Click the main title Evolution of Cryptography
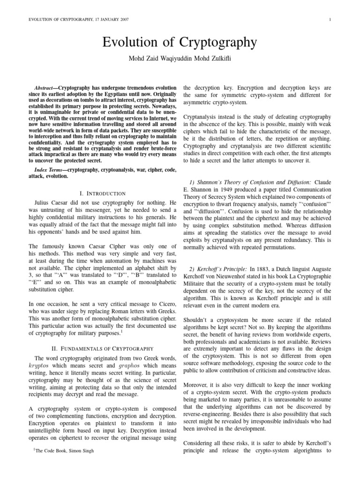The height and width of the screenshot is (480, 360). [x=180, y=43]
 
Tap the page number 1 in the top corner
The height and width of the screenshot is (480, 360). [x=331, y=19]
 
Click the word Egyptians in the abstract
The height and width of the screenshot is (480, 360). [x=126, y=94]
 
